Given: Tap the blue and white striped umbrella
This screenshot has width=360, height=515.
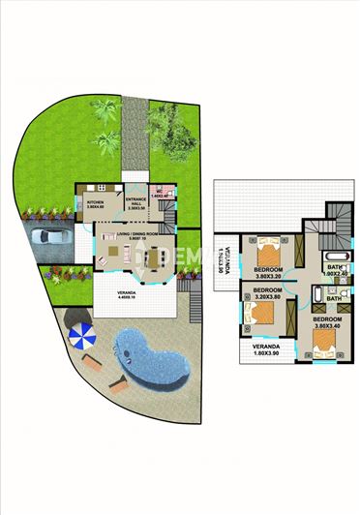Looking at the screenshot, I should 81,337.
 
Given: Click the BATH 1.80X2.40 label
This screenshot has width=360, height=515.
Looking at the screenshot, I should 335,270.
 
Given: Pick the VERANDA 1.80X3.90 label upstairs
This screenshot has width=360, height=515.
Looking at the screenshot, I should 266,349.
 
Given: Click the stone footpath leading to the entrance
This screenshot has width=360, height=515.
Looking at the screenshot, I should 134,136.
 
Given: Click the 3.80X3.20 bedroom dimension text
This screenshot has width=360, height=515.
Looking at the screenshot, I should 268,275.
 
